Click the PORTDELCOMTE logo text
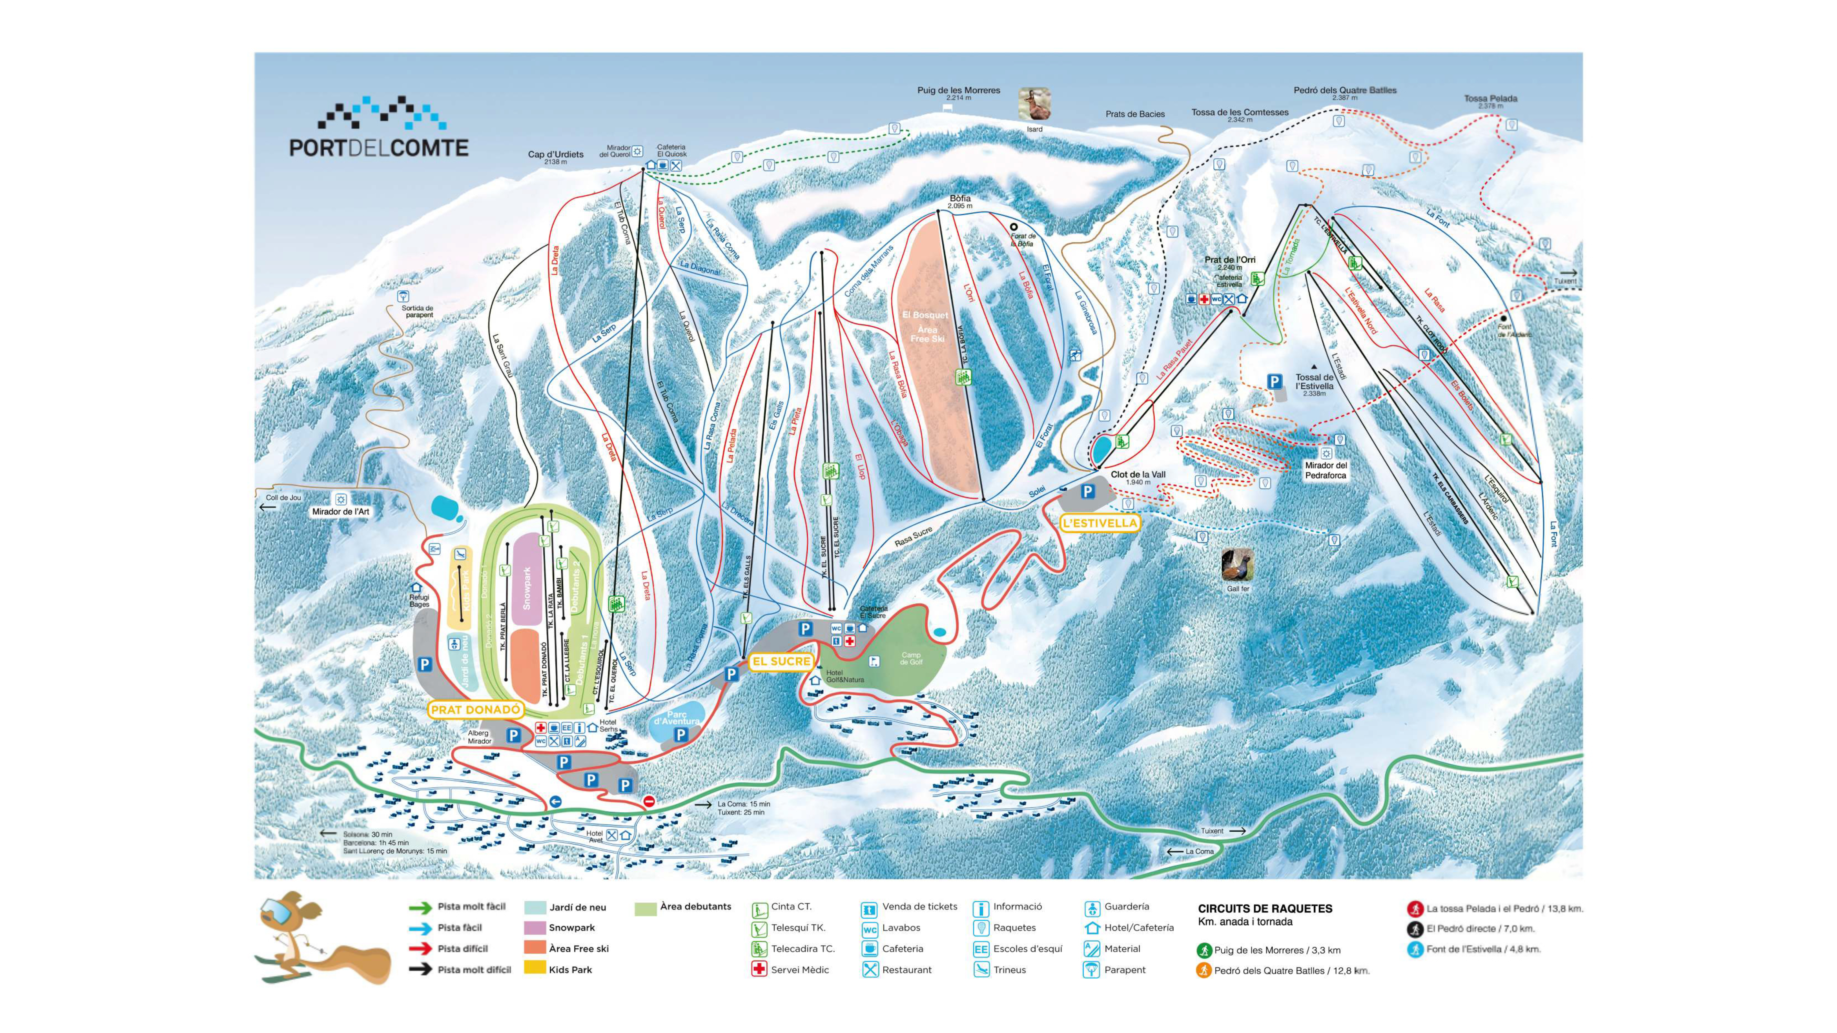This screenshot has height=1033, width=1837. click(379, 148)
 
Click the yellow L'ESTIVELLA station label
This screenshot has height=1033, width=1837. click(1100, 523)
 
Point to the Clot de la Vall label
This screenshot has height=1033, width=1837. click(1138, 474)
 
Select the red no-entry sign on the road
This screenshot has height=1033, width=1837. click(649, 802)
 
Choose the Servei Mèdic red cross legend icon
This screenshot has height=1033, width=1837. click(760, 969)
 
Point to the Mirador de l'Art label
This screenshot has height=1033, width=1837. click(341, 512)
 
